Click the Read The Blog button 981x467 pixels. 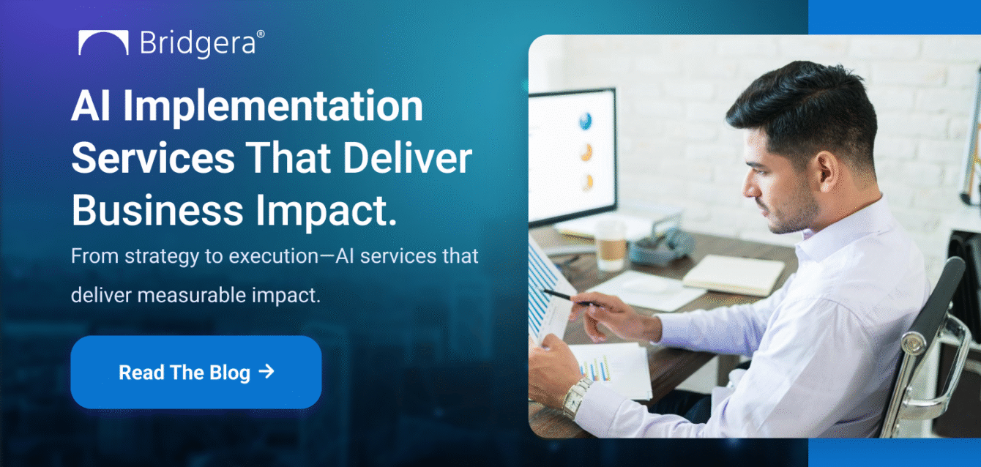click(195, 372)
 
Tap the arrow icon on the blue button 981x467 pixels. click(266, 371)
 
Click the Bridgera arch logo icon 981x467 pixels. click(103, 43)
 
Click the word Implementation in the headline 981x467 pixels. click(272, 107)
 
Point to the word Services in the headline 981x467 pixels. click(153, 158)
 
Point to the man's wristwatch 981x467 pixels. click(577, 396)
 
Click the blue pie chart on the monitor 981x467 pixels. click(585, 121)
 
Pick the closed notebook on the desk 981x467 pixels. click(733, 275)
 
